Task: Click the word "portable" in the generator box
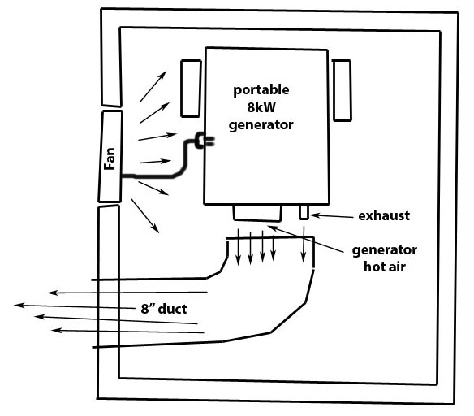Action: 261,90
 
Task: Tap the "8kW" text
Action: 261,107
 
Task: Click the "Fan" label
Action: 110,158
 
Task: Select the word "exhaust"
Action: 384,215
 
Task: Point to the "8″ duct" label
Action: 163,309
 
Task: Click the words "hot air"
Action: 384,266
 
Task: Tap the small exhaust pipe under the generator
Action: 304,212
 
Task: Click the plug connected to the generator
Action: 205,141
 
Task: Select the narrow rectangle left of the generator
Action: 191,89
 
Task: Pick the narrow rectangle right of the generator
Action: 342,90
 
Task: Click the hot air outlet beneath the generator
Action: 257,213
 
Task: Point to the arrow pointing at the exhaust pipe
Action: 331,216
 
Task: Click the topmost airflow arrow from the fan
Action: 153,86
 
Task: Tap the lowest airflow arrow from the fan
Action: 144,215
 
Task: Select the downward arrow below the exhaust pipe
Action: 304,244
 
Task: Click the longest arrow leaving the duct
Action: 75,306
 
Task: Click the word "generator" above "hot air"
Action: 384,250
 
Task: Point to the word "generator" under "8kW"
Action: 261,125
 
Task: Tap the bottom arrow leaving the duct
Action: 128,331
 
